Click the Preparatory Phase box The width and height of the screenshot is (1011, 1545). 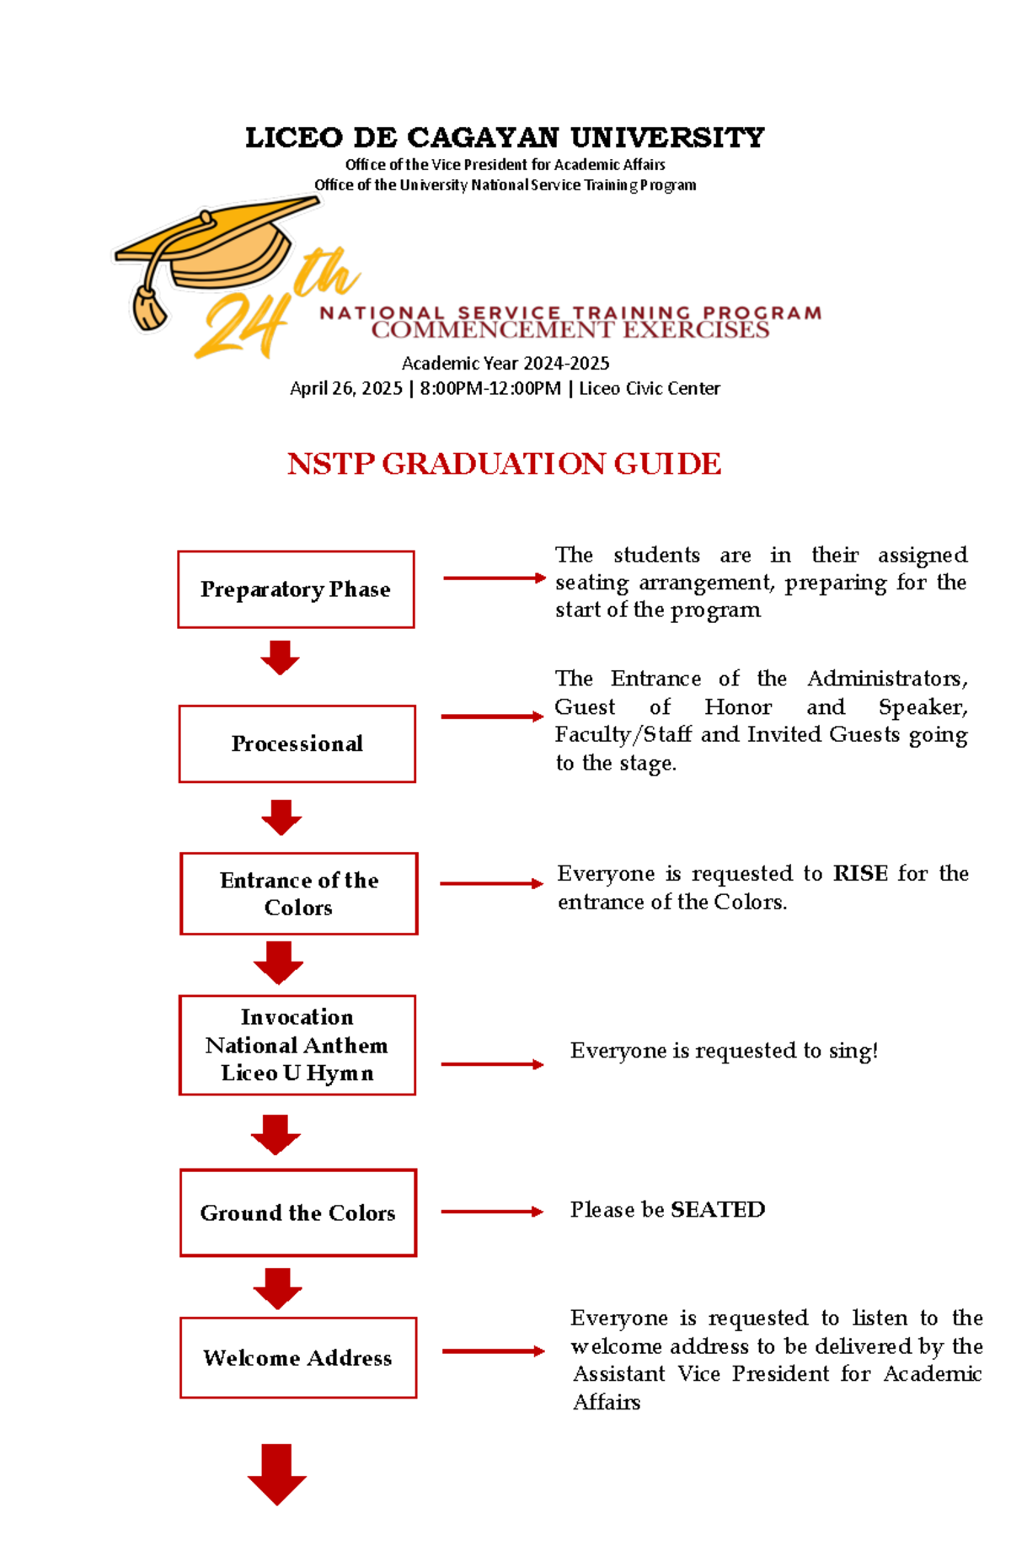point(296,589)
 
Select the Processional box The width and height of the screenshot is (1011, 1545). point(297,743)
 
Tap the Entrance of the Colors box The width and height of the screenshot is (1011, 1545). point(298,893)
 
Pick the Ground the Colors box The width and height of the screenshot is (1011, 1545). point(297,1212)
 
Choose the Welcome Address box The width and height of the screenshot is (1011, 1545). point(297,1357)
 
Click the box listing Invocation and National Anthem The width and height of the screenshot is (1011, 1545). point(297,1045)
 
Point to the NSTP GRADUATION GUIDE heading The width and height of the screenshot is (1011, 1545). point(504,464)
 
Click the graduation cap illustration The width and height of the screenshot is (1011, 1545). point(227,248)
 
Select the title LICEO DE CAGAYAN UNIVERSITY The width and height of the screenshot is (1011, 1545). point(505,137)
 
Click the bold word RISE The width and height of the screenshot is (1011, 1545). point(860,873)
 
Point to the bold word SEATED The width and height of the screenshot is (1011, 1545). point(718,1209)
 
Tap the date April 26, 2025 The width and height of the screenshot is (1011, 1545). point(346,388)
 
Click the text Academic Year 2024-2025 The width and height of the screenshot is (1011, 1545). point(505,363)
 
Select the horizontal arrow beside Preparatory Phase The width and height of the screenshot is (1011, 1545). point(495,578)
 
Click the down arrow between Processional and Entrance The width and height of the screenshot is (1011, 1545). point(281,817)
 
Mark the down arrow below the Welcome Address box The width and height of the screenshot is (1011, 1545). point(277,1473)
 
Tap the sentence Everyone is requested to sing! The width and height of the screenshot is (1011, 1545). point(724,1050)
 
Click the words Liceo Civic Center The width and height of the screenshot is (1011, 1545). point(649,388)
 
